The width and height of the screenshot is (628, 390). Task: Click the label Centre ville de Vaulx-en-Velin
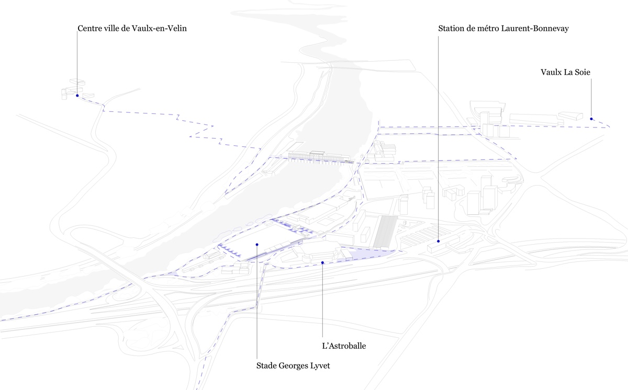[x=132, y=29]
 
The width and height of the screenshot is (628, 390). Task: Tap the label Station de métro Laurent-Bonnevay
[x=503, y=29]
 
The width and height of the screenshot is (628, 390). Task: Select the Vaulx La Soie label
[x=565, y=72]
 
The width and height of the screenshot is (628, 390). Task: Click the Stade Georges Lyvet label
[x=293, y=366]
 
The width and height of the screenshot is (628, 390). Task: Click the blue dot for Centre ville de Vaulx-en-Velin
[x=77, y=96]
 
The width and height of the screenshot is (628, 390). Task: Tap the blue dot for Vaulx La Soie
[x=591, y=119]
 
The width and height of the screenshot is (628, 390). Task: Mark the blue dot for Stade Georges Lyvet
[x=257, y=244]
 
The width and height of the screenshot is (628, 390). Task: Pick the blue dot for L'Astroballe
[x=323, y=262]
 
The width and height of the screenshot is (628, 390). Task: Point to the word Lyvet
[x=319, y=366]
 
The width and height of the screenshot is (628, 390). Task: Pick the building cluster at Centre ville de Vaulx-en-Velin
[x=71, y=89]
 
